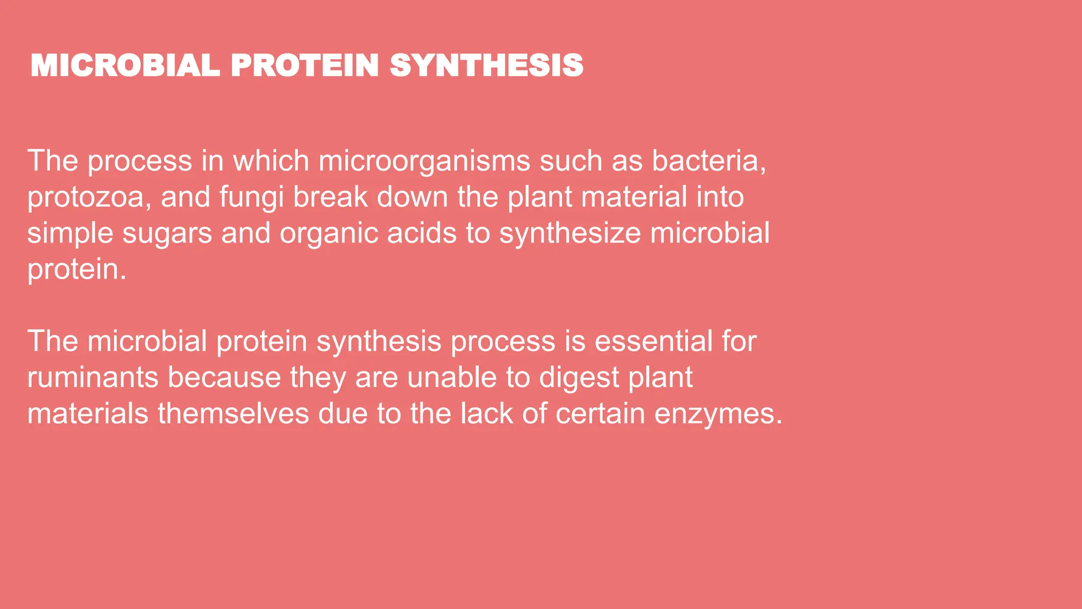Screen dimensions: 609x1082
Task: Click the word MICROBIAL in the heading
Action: [125, 66]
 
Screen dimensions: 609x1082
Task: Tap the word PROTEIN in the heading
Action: [305, 66]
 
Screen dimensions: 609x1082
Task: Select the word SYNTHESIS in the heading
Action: [487, 66]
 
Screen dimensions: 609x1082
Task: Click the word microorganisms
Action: [424, 161]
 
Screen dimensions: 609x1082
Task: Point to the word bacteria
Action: [708, 161]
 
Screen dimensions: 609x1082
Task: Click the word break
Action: [330, 197]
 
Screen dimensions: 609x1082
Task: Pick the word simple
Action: [70, 234]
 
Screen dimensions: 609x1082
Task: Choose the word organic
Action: [329, 234]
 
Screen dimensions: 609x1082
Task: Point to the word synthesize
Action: [570, 234]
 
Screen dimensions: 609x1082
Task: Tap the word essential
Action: [654, 341]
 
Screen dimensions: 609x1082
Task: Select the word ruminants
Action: [92, 377]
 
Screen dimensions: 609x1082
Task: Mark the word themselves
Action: [233, 413]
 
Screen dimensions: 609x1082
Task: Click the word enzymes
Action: [718, 414]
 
